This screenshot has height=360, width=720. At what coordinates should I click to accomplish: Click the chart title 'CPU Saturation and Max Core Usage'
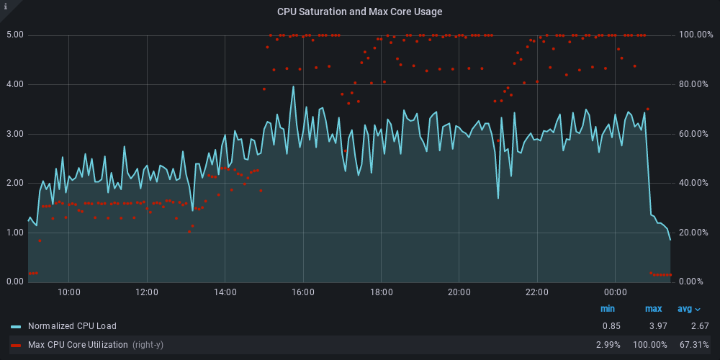pyautogui.click(x=359, y=12)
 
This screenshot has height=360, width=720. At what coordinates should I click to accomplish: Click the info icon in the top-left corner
pyautogui.click(x=6, y=6)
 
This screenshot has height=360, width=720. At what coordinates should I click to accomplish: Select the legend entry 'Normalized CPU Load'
pyautogui.click(x=72, y=326)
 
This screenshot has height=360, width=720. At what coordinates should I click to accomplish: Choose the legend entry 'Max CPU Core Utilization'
pyautogui.click(x=77, y=345)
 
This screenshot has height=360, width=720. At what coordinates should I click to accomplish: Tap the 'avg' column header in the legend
pyautogui.click(x=689, y=309)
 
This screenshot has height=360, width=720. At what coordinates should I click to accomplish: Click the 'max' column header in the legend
pyautogui.click(x=653, y=309)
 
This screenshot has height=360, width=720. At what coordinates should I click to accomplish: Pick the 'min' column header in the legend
pyautogui.click(x=608, y=309)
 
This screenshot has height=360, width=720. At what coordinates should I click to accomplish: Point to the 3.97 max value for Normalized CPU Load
pyautogui.click(x=653, y=326)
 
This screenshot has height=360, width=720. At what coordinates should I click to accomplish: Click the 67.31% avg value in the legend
pyautogui.click(x=693, y=345)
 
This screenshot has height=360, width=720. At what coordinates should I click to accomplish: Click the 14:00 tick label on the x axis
pyautogui.click(x=225, y=292)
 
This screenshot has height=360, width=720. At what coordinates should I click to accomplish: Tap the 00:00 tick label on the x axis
pyautogui.click(x=616, y=292)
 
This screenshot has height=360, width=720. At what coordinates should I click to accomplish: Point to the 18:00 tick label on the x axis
pyautogui.click(x=382, y=292)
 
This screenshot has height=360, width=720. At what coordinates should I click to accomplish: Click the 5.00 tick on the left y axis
pyautogui.click(x=15, y=35)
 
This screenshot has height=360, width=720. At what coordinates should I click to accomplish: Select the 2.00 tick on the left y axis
pyautogui.click(x=15, y=183)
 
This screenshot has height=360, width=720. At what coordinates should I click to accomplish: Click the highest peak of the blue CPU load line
pyautogui.click(x=293, y=86)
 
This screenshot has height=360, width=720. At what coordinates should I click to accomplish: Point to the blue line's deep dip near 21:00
pyautogui.click(x=498, y=197)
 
